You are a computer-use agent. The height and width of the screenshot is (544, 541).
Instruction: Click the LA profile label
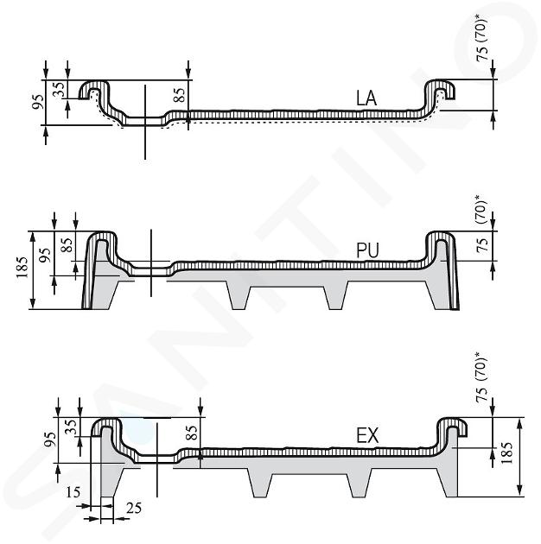[366, 98]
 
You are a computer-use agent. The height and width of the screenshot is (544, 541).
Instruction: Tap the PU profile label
[367, 250]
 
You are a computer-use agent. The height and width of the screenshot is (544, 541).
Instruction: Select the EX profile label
[367, 436]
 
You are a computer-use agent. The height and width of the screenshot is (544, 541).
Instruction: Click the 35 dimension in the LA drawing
[60, 89]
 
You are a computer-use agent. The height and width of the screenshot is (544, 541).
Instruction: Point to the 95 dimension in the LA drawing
[38, 102]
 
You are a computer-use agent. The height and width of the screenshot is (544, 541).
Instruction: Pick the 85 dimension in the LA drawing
[179, 95]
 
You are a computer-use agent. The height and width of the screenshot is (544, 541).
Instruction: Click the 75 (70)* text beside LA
[482, 39]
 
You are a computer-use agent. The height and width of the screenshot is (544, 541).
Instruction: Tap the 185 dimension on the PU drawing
[22, 268]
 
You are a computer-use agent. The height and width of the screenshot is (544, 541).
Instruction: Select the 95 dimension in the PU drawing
[45, 255]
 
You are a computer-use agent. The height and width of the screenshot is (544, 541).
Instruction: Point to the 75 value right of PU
[482, 244]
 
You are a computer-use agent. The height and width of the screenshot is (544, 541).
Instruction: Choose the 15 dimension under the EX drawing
[73, 492]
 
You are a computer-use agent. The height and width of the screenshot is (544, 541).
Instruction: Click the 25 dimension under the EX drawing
[134, 509]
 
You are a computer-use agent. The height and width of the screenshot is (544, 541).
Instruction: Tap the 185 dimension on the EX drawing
[507, 452]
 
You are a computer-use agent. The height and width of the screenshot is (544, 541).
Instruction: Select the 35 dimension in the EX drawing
[71, 427]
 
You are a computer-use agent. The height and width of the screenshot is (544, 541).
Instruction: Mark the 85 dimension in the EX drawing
[192, 433]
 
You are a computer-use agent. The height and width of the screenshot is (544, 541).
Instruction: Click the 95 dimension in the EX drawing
[50, 440]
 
